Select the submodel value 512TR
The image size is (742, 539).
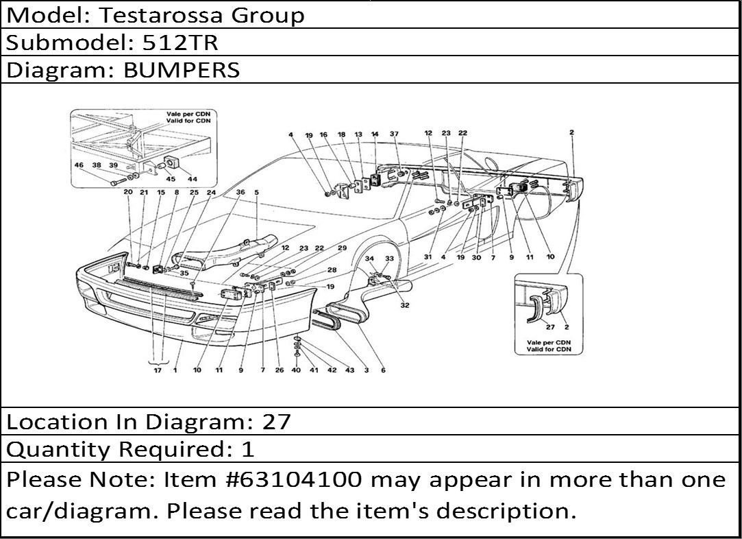(x=180, y=43)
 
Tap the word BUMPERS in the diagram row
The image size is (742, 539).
(x=182, y=69)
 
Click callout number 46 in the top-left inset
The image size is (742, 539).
(x=79, y=165)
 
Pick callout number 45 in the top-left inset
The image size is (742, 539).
(x=162, y=179)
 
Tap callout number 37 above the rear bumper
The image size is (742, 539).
(x=394, y=134)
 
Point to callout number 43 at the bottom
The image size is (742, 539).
(x=349, y=370)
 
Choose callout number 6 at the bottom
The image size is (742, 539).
(x=383, y=370)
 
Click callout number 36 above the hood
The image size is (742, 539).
(x=240, y=193)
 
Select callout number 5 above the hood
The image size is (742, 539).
(x=256, y=193)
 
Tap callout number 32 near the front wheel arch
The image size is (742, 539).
(x=405, y=305)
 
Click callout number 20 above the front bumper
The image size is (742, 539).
(x=128, y=193)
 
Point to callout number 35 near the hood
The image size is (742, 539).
(x=184, y=273)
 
